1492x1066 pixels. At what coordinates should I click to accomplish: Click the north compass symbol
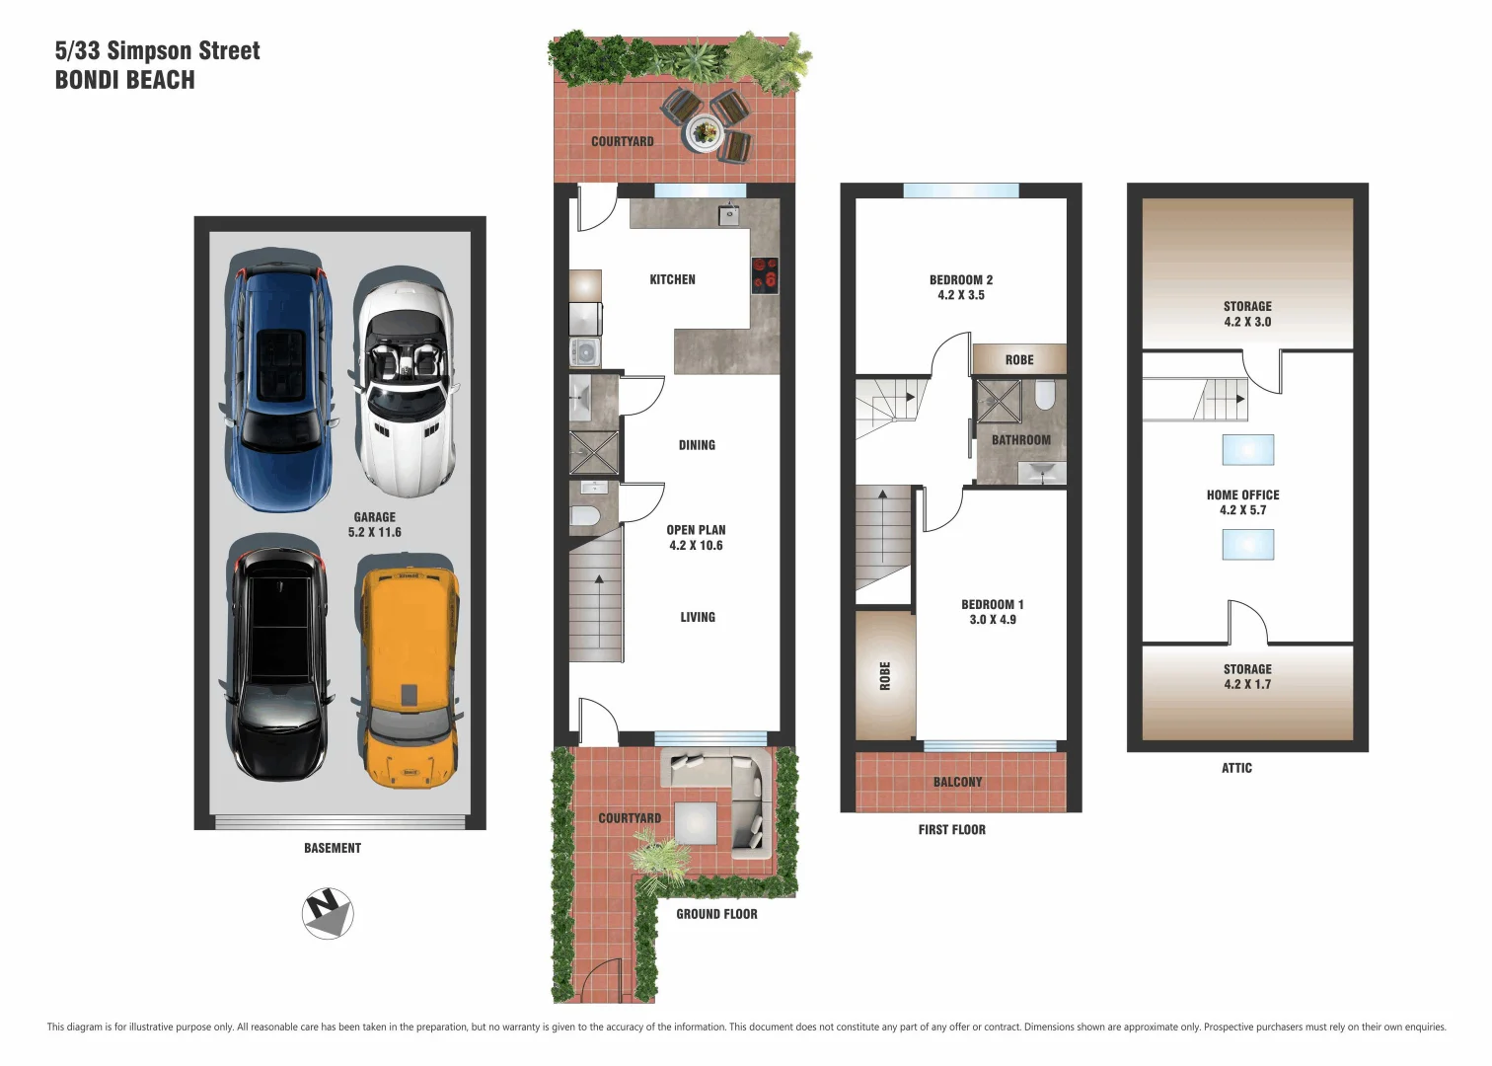tap(328, 914)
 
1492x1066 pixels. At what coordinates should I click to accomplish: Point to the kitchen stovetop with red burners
tap(765, 275)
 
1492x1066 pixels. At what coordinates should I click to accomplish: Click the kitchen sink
tap(729, 214)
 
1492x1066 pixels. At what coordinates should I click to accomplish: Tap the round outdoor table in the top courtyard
tap(705, 130)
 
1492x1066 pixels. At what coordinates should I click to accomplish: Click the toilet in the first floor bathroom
tap(1045, 396)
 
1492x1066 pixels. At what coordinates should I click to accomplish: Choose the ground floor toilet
tap(585, 515)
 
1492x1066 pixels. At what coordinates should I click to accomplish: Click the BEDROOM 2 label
tap(960, 287)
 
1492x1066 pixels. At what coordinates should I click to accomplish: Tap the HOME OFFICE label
tap(1242, 502)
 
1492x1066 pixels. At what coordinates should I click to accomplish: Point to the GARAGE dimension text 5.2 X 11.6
tap(374, 532)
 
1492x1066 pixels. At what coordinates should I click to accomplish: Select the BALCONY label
tap(957, 782)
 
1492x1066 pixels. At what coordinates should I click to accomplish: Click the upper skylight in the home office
tap(1247, 450)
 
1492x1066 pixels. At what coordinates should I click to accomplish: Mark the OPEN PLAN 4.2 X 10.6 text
tap(696, 538)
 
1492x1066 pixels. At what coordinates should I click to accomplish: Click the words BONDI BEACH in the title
tap(124, 80)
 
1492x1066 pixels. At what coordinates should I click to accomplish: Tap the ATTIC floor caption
tap(1236, 768)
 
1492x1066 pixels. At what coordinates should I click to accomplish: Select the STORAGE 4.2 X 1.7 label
tap(1247, 676)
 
